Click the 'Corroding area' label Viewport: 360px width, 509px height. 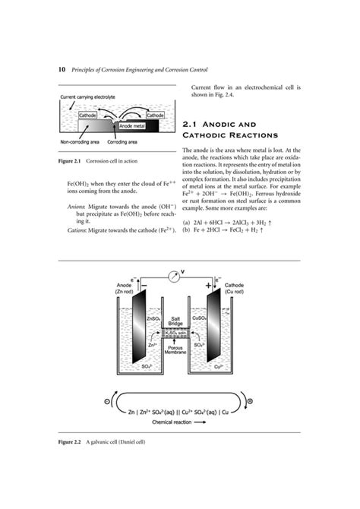(x=122, y=142)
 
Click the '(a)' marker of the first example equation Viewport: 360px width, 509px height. (x=186, y=222)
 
